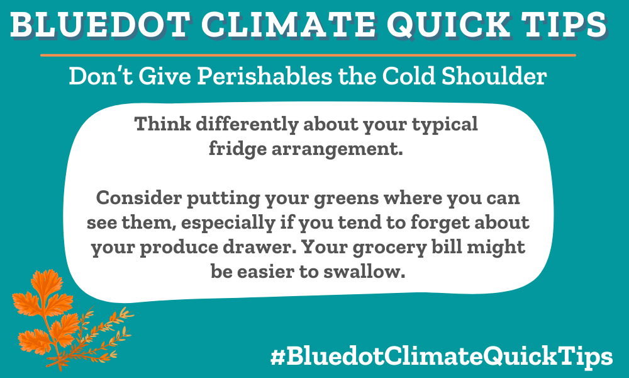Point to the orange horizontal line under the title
point(308,55)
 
